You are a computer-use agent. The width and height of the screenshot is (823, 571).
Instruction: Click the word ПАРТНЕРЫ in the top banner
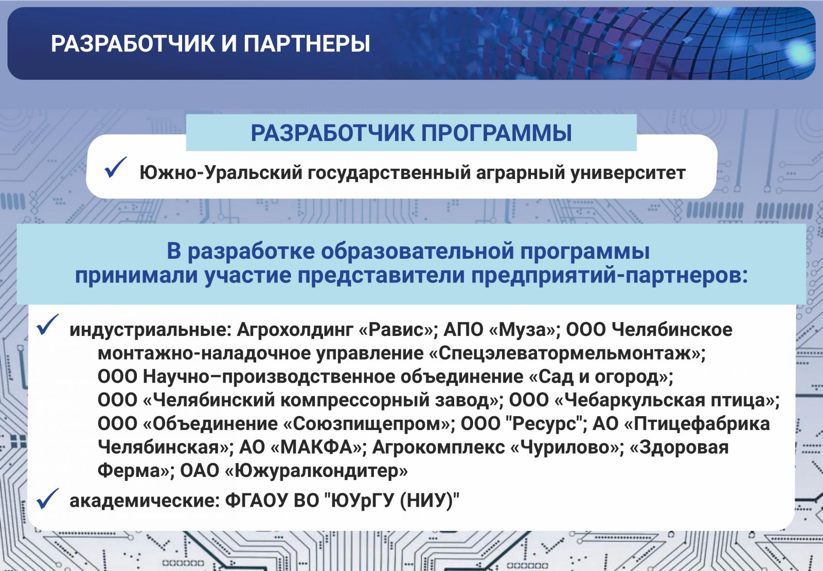(x=307, y=44)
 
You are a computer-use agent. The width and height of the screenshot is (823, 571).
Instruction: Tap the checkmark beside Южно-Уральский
(x=115, y=168)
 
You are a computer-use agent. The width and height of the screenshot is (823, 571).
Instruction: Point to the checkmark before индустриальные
(x=48, y=325)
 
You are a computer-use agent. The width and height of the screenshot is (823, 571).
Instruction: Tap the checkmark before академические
(x=48, y=498)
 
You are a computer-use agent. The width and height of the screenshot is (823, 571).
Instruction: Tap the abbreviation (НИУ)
(x=426, y=501)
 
